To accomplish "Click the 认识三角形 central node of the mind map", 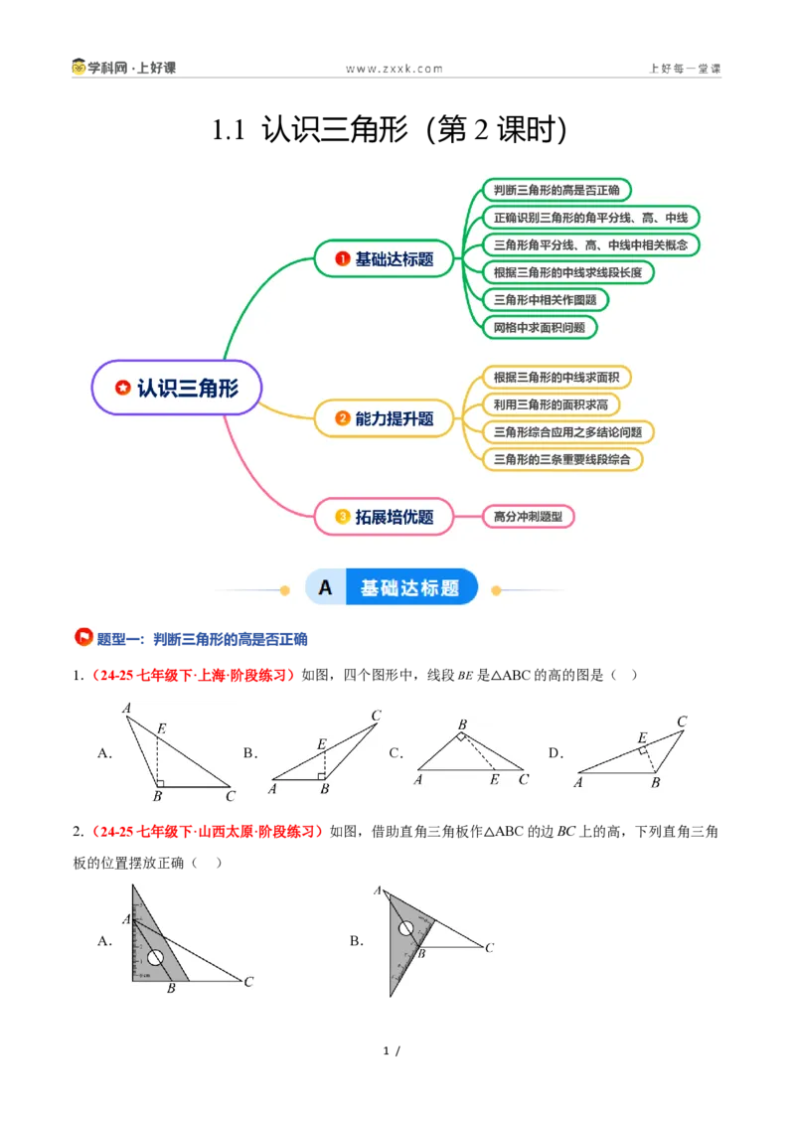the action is click(177, 389).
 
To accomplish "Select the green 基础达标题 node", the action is click(384, 259).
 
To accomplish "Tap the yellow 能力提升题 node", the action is click(384, 418).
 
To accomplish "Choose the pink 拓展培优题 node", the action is click(384, 517).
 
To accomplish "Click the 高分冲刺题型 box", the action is click(528, 517).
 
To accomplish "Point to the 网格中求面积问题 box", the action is click(540, 328).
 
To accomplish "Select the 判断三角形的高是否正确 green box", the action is click(556, 190).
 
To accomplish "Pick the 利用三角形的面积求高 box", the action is click(551, 404).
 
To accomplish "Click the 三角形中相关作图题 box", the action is click(546, 300).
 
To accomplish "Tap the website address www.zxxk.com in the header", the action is click(395, 69).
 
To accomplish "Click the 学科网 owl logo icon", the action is click(79, 67).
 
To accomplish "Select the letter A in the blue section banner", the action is click(325, 588).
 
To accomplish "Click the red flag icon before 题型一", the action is click(83, 637).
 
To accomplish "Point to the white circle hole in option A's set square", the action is click(155, 958).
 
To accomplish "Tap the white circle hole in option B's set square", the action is click(406, 928).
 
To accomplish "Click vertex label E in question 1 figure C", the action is click(494, 779).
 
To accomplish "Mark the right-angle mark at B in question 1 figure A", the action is click(160, 783).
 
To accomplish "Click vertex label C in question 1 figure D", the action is click(682, 722).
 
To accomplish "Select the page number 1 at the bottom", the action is click(386, 1051).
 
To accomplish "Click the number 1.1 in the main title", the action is click(229, 130).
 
